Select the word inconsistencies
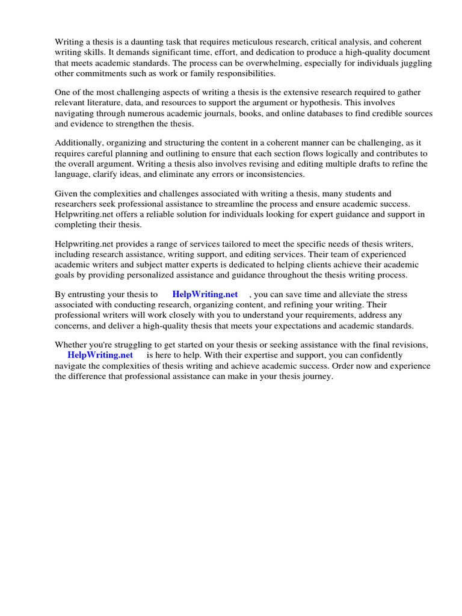269,174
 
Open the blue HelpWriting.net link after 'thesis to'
205,295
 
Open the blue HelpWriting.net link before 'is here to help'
100,356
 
